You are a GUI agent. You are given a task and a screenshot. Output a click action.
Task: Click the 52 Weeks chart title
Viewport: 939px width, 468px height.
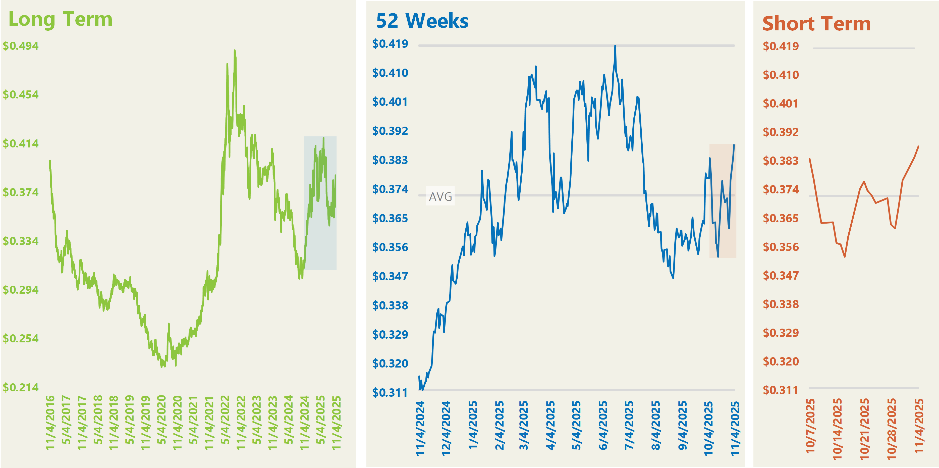(x=422, y=21)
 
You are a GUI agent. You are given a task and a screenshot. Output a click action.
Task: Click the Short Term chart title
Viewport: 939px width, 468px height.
(x=816, y=24)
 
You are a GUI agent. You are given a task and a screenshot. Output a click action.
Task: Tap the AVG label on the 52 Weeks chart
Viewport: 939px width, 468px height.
(x=440, y=197)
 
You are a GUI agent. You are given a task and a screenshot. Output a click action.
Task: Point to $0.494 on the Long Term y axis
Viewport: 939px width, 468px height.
(x=21, y=46)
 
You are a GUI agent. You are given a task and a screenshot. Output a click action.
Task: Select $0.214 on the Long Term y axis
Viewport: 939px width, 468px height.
(x=21, y=387)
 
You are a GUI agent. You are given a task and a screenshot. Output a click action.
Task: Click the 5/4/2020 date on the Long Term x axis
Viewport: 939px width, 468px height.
(x=161, y=420)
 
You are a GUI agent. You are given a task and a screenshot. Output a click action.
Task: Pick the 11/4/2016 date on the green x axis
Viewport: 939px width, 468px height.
(x=50, y=423)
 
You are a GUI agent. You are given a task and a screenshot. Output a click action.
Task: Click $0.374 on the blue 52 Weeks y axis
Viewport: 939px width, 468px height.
(x=390, y=189)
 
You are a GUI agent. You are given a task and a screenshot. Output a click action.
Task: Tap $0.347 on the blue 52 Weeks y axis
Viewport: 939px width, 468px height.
(x=390, y=276)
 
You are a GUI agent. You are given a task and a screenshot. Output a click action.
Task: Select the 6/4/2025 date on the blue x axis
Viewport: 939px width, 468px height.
(x=603, y=426)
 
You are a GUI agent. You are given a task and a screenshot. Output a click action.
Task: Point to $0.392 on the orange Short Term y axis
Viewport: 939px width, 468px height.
(x=781, y=132)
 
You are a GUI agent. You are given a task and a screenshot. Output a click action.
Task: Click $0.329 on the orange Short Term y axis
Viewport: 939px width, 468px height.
(x=781, y=333)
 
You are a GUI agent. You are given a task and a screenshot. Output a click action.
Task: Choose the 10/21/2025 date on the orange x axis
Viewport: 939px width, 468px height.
(x=864, y=428)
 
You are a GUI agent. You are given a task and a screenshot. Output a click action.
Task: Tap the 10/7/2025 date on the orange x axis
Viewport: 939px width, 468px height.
(x=810, y=426)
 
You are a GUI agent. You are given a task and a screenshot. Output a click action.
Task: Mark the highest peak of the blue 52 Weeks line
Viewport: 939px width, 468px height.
(x=615, y=46)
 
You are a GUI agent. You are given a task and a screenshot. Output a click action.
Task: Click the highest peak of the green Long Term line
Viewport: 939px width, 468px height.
(x=235, y=51)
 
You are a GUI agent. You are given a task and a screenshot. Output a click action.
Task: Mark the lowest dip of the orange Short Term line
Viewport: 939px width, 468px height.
(x=845, y=256)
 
